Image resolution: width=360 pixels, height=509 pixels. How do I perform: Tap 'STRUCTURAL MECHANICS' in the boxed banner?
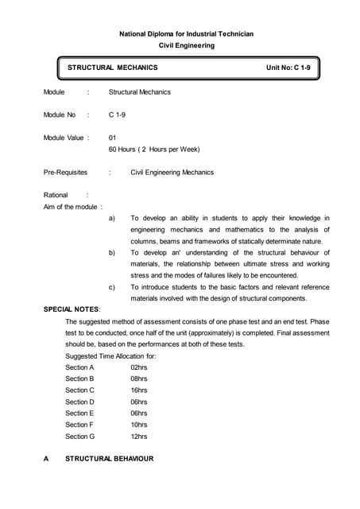(112, 68)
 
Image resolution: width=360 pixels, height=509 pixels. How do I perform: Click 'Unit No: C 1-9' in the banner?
(294, 68)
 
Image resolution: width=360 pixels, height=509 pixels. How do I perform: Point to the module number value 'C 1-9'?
(118, 115)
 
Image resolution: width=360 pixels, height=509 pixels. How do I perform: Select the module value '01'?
(112, 138)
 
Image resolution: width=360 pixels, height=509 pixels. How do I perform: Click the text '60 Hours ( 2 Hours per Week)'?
(153, 149)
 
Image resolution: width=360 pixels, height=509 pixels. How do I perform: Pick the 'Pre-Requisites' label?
(65, 172)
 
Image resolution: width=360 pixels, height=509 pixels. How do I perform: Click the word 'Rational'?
(56, 195)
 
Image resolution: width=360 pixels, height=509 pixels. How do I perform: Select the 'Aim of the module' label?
(70, 206)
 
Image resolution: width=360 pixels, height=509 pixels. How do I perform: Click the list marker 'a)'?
(111, 218)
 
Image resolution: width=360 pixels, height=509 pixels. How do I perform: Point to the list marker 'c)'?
(111, 286)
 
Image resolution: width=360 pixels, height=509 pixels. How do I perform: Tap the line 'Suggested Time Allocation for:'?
(110, 356)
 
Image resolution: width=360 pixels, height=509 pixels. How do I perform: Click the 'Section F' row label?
(79, 425)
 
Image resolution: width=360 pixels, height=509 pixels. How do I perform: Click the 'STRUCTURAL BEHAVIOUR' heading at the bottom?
(109, 459)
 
